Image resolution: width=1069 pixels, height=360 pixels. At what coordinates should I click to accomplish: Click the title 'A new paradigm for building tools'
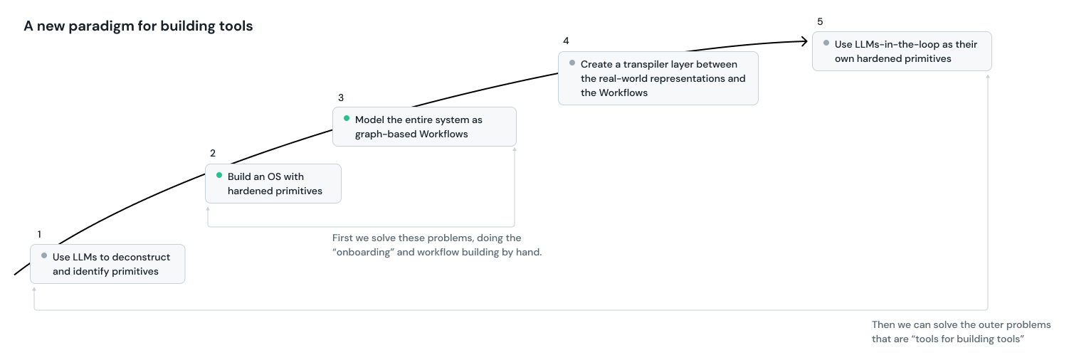(x=138, y=26)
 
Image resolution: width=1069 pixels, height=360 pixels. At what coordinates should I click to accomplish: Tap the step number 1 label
(x=39, y=234)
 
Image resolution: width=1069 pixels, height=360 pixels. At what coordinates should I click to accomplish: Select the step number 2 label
(x=213, y=153)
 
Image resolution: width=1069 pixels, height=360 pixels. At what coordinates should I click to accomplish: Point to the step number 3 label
(x=341, y=97)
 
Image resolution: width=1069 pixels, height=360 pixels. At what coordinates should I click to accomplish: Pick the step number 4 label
(x=566, y=41)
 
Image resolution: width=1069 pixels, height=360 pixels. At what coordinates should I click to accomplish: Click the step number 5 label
(x=820, y=21)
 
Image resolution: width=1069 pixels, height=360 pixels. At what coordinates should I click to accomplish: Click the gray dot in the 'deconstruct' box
(x=44, y=255)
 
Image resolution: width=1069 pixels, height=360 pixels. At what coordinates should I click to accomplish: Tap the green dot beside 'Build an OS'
(x=219, y=175)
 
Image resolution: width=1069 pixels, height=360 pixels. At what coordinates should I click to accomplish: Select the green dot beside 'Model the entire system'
(x=347, y=118)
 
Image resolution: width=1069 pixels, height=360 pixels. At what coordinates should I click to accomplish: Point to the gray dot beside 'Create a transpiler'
(x=572, y=63)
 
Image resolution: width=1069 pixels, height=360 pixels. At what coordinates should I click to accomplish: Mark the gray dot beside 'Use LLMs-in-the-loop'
(x=826, y=43)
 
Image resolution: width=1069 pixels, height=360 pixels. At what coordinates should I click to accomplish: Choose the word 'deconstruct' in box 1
(x=141, y=257)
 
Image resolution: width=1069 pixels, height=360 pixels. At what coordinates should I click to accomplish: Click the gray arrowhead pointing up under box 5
(x=988, y=75)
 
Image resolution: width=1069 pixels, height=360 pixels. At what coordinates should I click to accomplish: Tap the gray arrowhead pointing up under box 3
(x=514, y=150)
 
